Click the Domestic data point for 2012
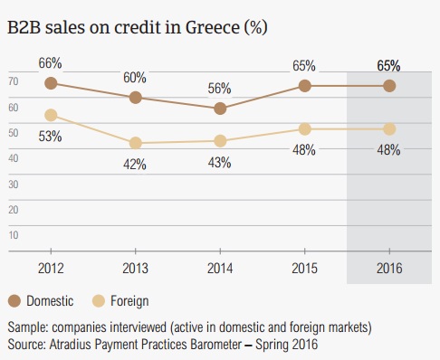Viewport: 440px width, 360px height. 51,83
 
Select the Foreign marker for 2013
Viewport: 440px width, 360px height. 136,143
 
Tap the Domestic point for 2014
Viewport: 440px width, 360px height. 220,109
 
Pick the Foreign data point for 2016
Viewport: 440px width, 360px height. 389,129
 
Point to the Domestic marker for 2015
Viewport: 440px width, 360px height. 305,86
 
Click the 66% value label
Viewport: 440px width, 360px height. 50,63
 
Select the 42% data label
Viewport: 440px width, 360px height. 135,165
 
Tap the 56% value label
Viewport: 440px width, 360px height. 219,89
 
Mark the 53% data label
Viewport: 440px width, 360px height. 50,137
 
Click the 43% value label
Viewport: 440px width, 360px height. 219,163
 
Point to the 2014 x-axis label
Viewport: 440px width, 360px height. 220,268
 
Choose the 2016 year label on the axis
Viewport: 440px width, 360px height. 389,268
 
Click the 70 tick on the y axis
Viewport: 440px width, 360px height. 14,81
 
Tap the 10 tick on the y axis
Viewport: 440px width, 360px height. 14,235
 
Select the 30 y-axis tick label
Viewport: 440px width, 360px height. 14,185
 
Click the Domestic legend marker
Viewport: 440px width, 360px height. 14,301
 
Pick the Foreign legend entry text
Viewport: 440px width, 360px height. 129,301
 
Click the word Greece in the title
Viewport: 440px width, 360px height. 213,27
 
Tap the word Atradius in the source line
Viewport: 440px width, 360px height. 70,345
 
